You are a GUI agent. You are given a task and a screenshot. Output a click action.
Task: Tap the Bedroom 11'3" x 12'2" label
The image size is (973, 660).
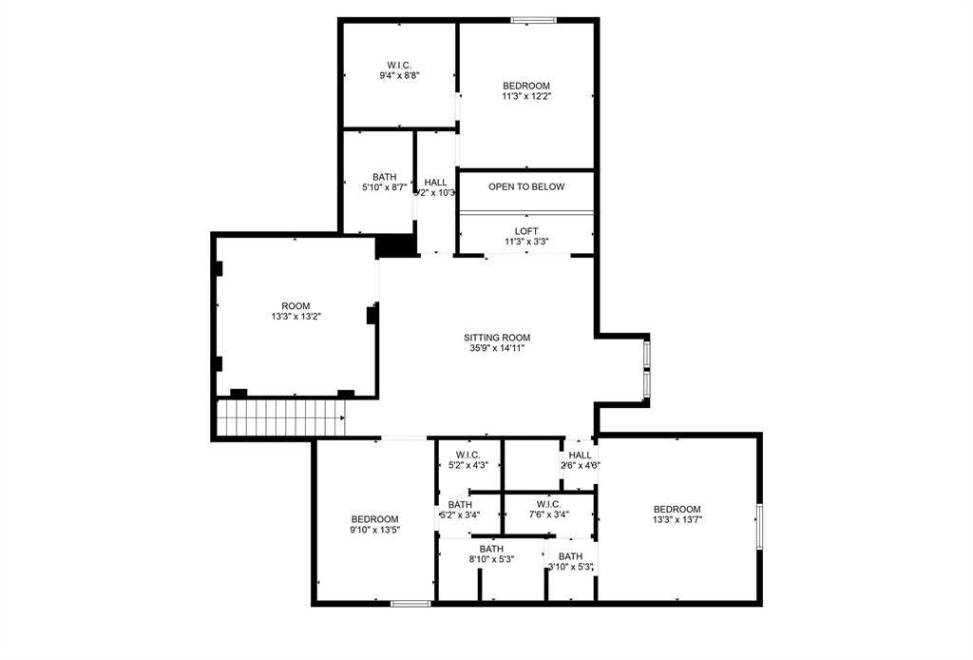526,90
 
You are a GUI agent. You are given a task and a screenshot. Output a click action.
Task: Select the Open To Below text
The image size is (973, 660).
526,186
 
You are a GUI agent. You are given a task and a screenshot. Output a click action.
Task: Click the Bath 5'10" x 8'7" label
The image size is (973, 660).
385,182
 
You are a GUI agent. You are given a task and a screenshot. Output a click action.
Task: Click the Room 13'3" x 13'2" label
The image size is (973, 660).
296,311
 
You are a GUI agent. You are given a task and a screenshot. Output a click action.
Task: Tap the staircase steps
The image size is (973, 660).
280,417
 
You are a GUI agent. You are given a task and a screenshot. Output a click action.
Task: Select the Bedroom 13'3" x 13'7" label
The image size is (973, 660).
677,514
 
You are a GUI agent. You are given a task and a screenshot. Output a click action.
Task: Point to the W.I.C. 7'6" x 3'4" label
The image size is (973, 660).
548,509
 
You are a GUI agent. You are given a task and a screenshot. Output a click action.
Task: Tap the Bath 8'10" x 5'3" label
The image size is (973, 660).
491,553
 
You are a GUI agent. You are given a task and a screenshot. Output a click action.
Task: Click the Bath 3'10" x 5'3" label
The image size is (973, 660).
571,561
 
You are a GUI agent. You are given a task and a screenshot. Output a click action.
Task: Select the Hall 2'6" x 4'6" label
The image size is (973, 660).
580,460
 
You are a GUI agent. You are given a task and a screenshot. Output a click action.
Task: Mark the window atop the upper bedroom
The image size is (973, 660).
533,19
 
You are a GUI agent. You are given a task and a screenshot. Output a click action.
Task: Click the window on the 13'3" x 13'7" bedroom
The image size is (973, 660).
758,526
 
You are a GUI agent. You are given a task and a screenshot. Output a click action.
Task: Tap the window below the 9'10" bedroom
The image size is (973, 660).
410,603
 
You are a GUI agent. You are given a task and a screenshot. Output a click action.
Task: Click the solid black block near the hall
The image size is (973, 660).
397,245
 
